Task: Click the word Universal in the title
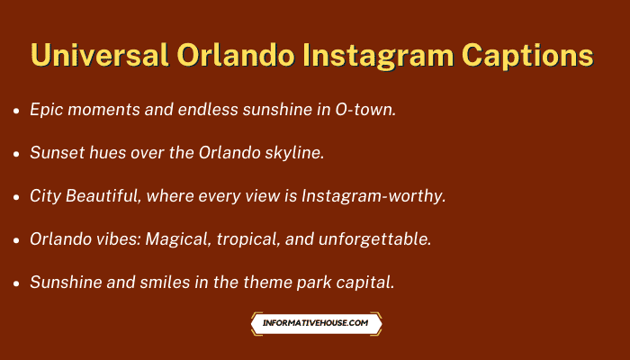coord(100,55)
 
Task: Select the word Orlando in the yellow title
coord(236,55)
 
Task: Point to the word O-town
coord(365,110)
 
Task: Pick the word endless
coord(208,109)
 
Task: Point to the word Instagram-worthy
coord(373,196)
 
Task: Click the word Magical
coord(178,239)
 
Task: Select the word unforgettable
coord(375,239)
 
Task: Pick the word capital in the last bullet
coord(365,283)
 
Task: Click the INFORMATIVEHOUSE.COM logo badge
coord(316,323)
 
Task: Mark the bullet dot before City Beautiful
coord(16,197)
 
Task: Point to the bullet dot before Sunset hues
coord(16,154)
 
